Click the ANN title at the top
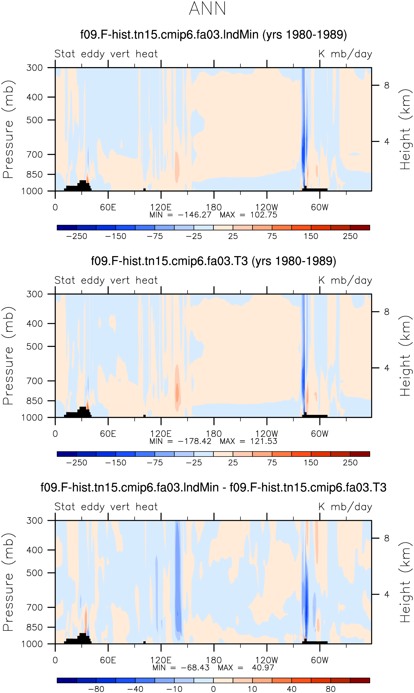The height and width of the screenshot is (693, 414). click(x=207, y=9)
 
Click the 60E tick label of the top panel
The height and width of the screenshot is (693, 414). click(x=108, y=207)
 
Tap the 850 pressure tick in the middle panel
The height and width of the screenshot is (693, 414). click(x=35, y=401)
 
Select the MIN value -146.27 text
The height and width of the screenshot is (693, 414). click(x=194, y=215)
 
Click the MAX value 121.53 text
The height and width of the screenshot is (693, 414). click(x=264, y=441)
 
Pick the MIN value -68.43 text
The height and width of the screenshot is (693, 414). click(x=195, y=668)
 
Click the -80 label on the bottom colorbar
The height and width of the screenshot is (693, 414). click(x=96, y=689)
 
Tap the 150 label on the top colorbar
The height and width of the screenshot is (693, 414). click(x=311, y=236)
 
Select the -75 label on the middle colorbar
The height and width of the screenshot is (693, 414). click(x=155, y=463)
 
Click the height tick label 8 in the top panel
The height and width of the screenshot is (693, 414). click(x=386, y=85)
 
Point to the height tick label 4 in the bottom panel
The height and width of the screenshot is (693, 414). click(x=386, y=594)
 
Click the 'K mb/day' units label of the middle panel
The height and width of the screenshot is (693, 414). click(x=345, y=280)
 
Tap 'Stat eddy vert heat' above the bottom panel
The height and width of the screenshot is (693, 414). click(x=106, y=506)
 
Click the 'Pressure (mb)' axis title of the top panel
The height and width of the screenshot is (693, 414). click(x=8, y=129)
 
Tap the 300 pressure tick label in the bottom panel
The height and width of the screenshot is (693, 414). click(x=35, y=520)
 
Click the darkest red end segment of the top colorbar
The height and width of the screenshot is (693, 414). click(x=360, y=227)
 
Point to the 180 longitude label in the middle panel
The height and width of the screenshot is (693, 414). click(x=214, y=434)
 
